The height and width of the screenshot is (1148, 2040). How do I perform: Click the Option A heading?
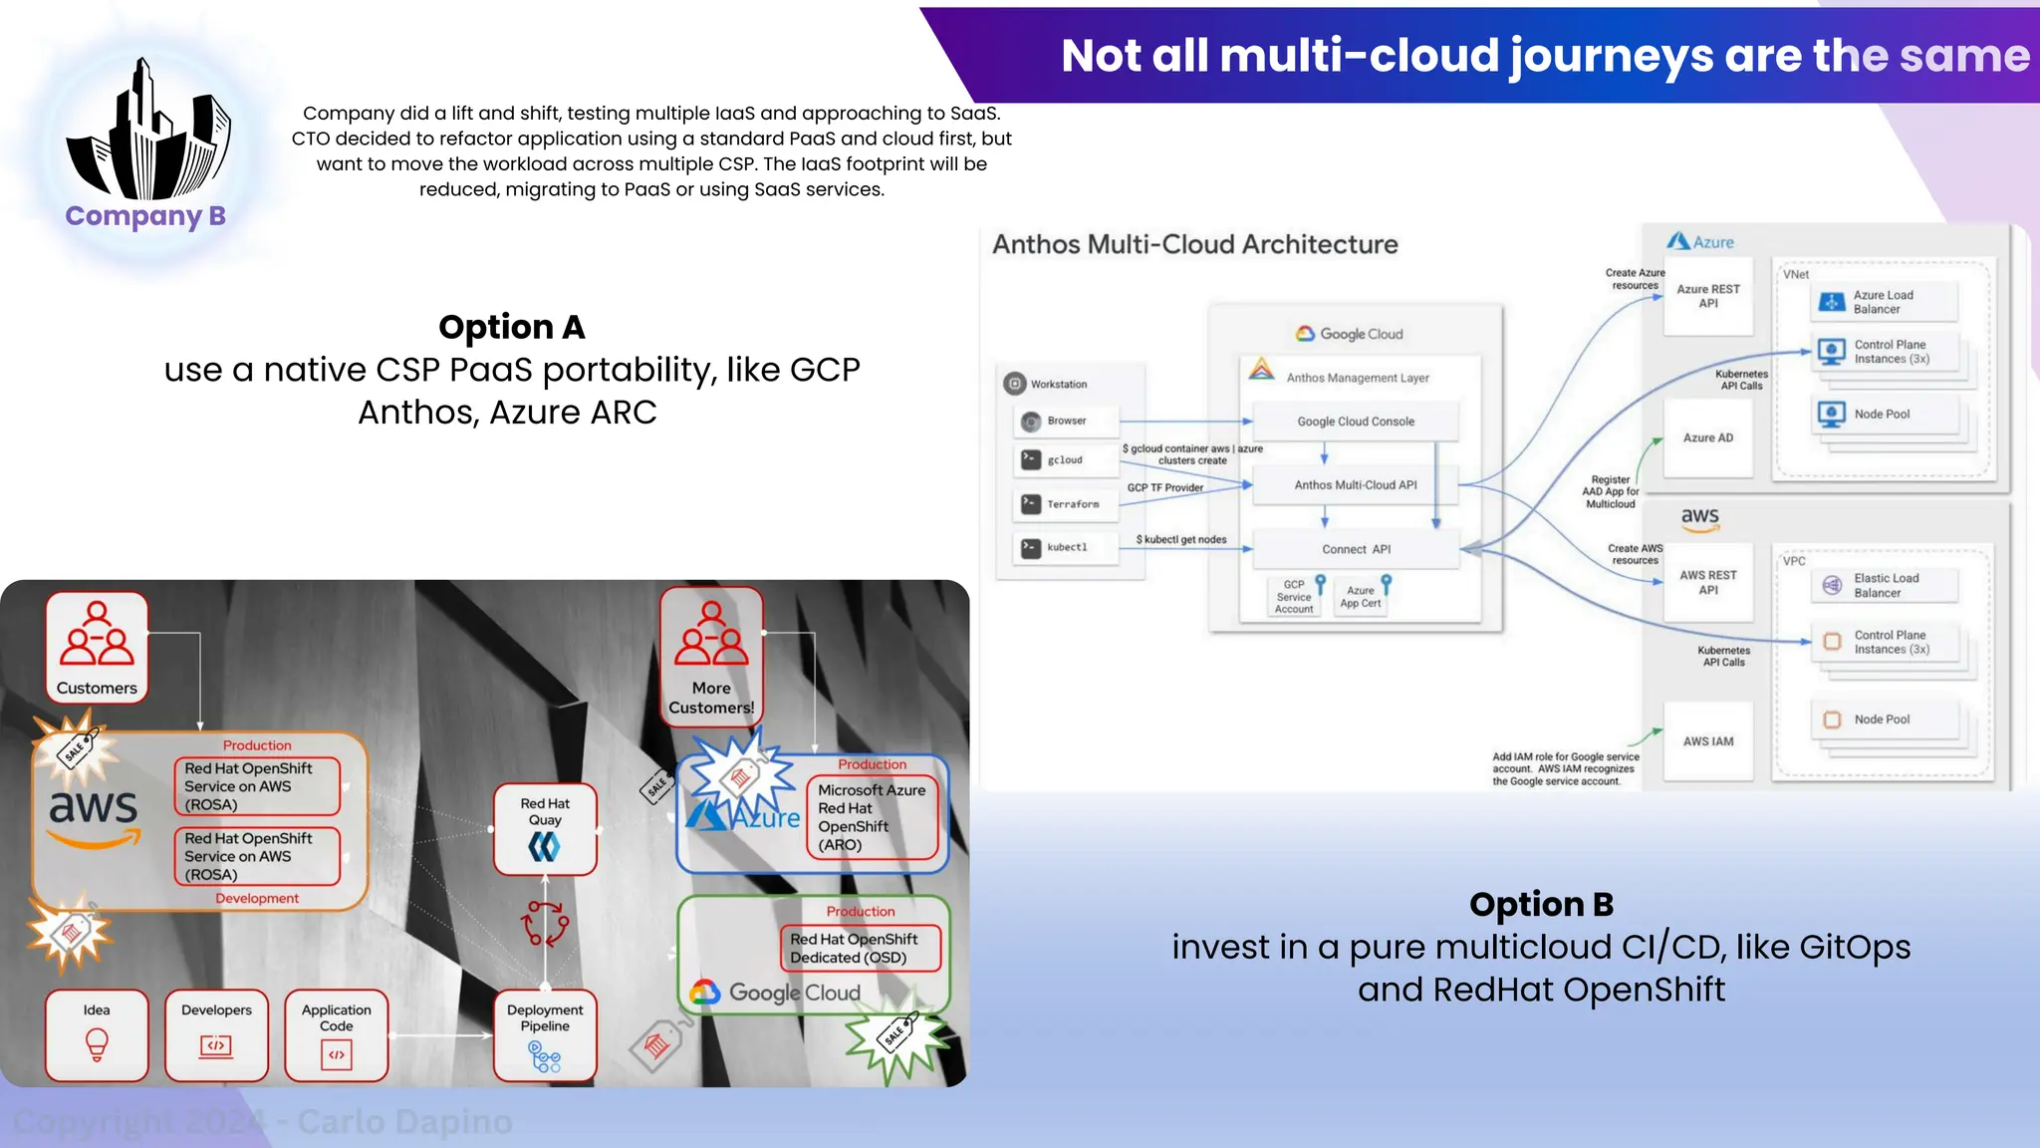[511, 327]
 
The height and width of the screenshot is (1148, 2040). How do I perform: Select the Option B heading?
[1540, 904]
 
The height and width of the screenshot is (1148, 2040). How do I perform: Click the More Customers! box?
[711, 656]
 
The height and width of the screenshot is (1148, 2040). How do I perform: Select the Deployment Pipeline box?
[545, 1034]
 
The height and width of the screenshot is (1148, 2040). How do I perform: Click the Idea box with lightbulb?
[97, 1034]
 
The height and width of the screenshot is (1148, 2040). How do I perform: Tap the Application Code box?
[337, 1034]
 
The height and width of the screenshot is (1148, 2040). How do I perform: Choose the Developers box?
[216, 1034]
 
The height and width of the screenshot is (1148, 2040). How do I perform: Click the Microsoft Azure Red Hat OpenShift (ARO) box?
[872, 817]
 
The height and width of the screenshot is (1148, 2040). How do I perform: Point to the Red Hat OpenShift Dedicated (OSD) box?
[860, 948]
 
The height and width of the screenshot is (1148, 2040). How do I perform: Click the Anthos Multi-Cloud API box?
[1355, 485]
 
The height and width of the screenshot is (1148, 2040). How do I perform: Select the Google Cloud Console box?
[1355, 422]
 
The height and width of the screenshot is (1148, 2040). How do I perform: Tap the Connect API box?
[1355, 549]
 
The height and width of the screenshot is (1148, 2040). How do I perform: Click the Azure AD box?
[1707, 438]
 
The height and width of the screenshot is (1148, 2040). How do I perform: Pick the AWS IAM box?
[1707, 741]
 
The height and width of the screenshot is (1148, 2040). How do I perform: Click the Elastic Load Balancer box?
[1883, 585]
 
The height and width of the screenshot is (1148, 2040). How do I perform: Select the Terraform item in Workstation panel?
[1065, 504]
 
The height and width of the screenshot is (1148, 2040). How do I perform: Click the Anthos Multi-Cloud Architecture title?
[1194, 244]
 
